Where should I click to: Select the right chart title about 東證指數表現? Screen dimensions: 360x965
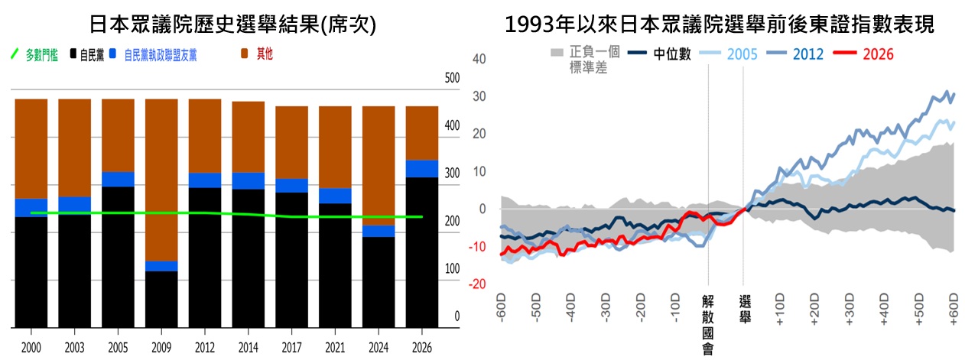[720, 24]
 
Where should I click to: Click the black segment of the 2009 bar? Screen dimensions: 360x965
[161, 299]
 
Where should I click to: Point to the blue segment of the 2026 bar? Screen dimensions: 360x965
[421, 168]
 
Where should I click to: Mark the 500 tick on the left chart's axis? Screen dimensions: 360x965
[452, 78]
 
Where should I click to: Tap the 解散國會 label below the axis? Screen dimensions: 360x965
[708, 325]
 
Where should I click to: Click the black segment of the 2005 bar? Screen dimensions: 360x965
[118, 256]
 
